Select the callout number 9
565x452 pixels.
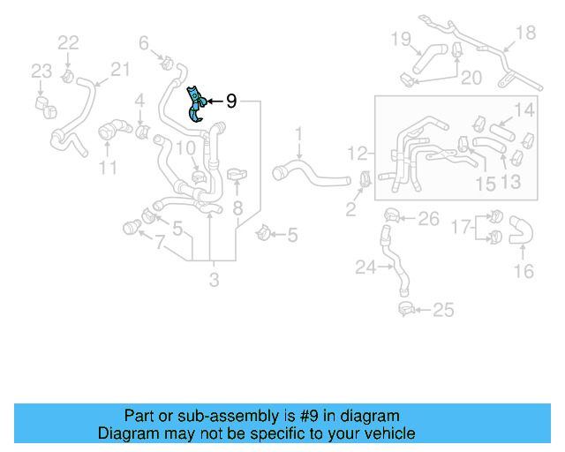(x=231, y=102)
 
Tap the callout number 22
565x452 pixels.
(x=68, y=42)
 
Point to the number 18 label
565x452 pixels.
(x=525, y=33)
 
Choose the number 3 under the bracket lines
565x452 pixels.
(x=214, y=281)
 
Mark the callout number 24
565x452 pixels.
(x=365, y=266)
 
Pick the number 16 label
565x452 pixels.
(x=524, y=271)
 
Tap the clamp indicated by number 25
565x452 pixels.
(x=405, y=309)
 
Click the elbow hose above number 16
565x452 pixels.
(x=521, y=230)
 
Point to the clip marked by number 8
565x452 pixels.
(x=237, y=175)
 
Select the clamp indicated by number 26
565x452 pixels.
(x=391, y=214)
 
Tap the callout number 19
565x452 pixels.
(x=401, y=38)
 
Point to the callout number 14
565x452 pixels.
(x=524, y=110)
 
